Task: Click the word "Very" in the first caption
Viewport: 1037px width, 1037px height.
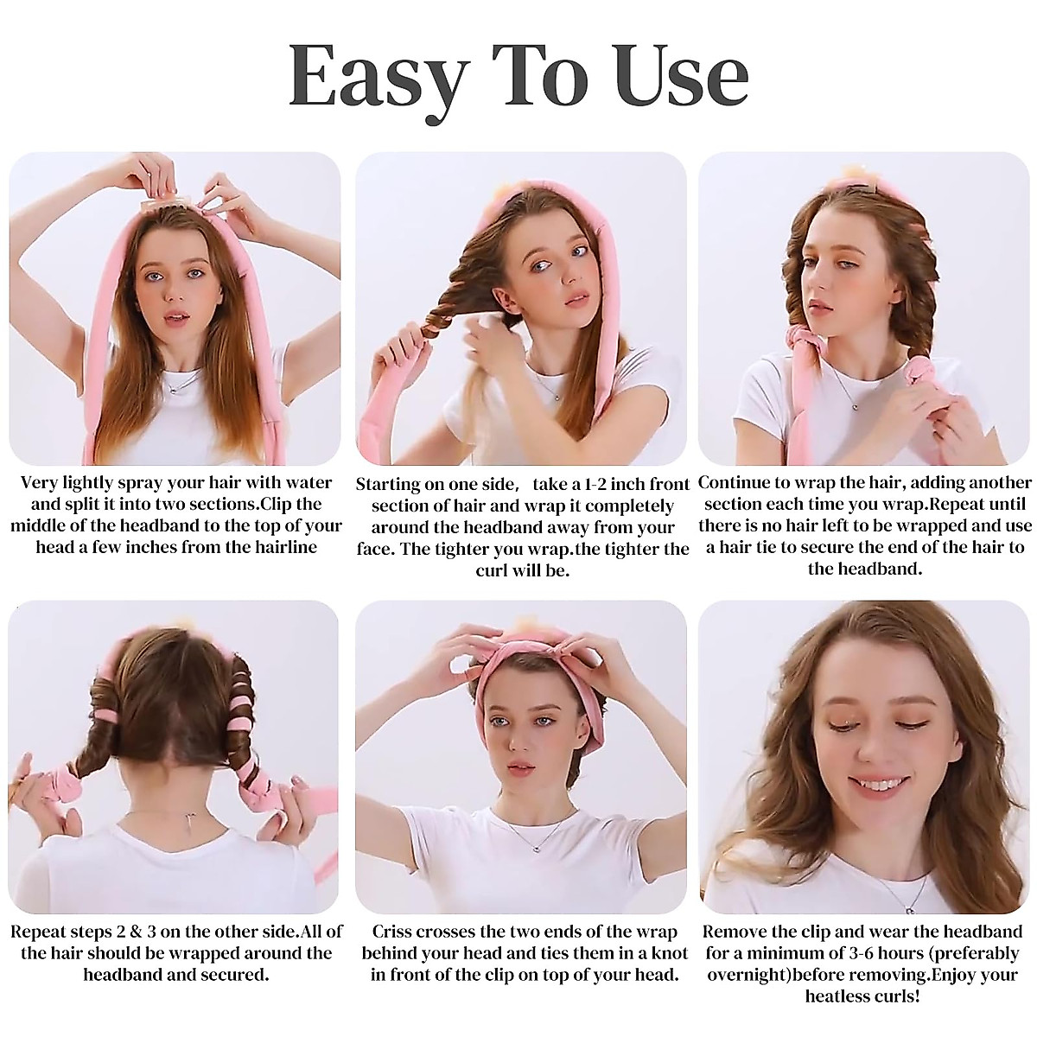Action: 38,483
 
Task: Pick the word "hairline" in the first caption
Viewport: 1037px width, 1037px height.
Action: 283,547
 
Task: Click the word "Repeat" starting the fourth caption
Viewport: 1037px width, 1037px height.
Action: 39,932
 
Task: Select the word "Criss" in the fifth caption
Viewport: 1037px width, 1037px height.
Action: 394,932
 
